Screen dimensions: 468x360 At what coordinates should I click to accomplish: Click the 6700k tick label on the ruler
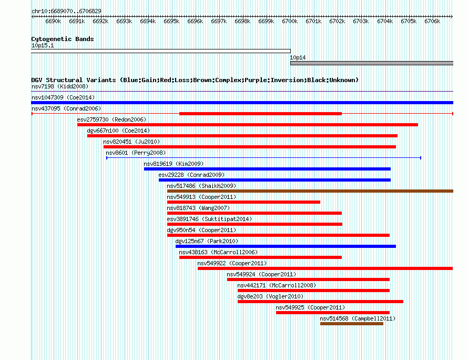pos(290,21)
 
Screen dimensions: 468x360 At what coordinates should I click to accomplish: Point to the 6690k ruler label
pos(53,21)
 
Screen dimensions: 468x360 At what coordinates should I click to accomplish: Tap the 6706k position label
pos(432,21)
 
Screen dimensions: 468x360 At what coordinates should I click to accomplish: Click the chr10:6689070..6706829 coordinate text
pos(66,12)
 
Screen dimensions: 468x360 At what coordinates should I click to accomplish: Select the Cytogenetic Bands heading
pos(63,39)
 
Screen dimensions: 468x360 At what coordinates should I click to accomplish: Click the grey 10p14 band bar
pos(372,63)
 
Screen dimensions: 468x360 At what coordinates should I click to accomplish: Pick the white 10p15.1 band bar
pos(161,51)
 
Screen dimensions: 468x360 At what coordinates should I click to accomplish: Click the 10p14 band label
pos(298,58)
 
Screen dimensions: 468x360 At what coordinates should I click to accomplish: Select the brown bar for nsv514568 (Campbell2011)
pos(352,324)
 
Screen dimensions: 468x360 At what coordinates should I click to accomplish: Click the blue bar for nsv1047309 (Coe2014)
pos(242,103)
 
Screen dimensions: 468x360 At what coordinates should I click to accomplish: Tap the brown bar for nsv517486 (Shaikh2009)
pos(310,191)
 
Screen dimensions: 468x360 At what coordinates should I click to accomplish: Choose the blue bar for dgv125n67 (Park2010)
pos(286,246)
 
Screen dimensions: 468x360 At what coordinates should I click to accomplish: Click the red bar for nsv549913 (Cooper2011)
pos(243,202)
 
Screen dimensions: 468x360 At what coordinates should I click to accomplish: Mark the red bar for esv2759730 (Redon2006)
pos(248,125)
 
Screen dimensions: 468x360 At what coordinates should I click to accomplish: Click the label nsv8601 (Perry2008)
pos(136,153)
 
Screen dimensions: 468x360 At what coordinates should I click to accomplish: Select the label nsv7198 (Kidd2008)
pos(60,87)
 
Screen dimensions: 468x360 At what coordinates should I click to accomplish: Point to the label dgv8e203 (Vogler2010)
pos(270,297)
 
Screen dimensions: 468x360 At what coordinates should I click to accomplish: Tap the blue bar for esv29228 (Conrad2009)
pos(274,180)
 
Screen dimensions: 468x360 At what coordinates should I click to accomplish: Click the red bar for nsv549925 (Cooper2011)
pos(333,313)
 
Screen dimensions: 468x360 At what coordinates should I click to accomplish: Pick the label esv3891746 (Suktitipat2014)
pos(209,219)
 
